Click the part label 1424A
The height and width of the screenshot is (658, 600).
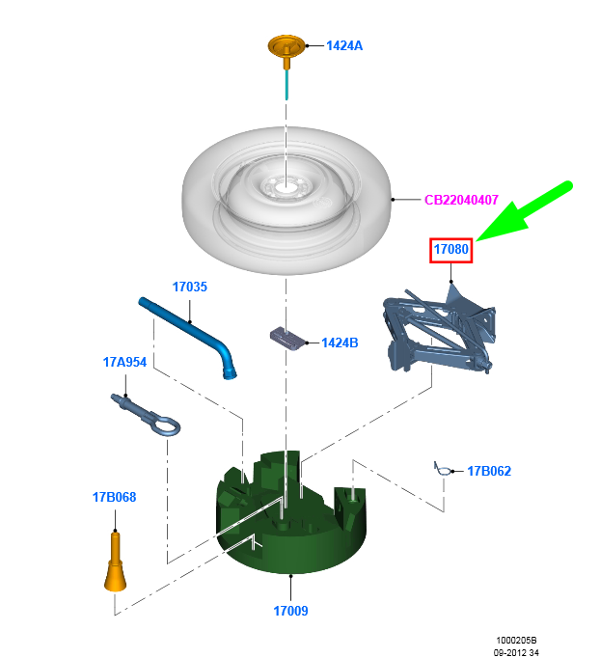pyautogui.click(x=344, y=45)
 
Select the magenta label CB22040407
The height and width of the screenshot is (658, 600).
pyautogui.click(x=461, y=201)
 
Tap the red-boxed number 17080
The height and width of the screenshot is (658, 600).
pyautogui.click(x=451, y=250)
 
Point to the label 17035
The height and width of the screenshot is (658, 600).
pyautogui.click(x=190, y=287)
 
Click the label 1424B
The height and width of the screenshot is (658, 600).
pyautogui.click(x=340, y=343)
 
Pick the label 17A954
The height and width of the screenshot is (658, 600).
pyautogui.click(x=124, y=362)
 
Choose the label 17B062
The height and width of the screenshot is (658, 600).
pyautogui.click(x=489, y=471)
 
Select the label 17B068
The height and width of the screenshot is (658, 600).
pyautogui.click(x=115, y=498)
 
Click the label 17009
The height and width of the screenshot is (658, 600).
pyautogui.click(x=290, y=611)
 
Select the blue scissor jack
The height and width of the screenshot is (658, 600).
pyautogui.click(x=439, y=328)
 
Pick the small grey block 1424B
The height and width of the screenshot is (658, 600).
pyautogui.click(x=285, y=337)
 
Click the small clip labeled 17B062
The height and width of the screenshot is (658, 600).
pyautogui.click(x=444, y=470)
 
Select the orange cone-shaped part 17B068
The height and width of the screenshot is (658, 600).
pyautogui.click(x=115, y=569)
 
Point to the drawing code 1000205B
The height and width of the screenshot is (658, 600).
pyautogui.click(x=516, y=640)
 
